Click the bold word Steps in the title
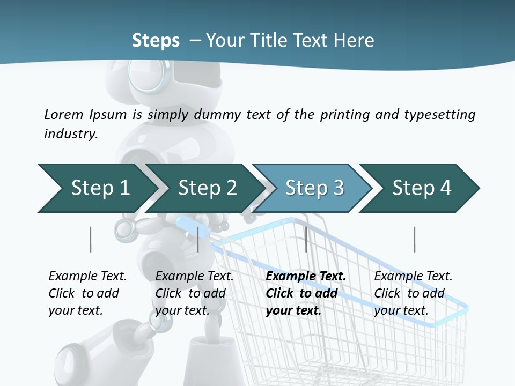[156, 41]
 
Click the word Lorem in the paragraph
[63, 114]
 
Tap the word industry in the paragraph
[71, 134]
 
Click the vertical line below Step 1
[90, 239]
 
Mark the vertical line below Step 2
[198, 239]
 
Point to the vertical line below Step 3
[306, 239]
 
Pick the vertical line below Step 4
[414, 239]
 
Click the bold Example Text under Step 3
[306, 277]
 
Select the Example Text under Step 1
[87, 277]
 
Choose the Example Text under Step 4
[413, 277]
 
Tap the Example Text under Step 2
[194, 277]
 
